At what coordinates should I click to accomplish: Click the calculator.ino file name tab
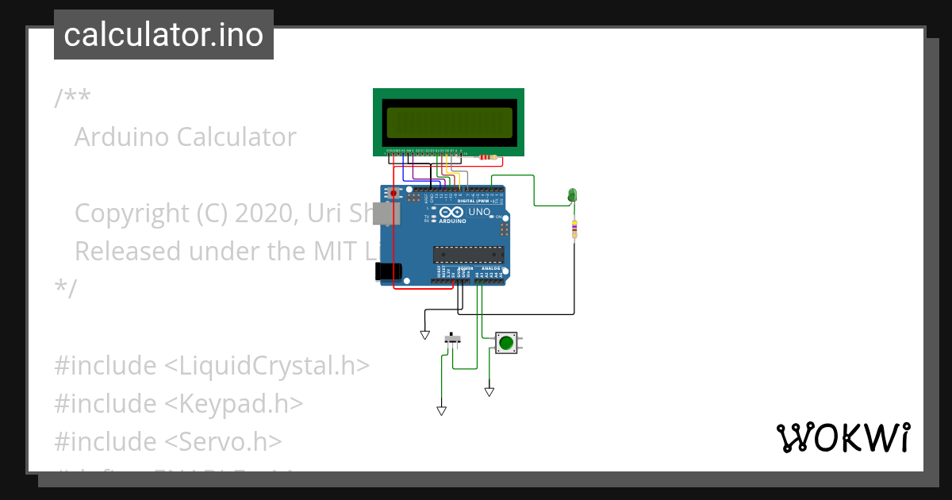coord(163,35)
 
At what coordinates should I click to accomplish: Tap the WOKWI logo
coord(843,437)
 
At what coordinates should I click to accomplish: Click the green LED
coord(572,194)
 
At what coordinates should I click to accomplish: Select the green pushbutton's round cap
coord(505,343)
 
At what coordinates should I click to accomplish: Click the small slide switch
coord(453,339)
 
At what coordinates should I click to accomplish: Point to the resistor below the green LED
coord(574,229)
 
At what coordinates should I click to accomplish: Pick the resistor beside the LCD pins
coord(485,157)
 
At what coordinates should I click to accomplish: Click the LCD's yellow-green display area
coord(448,122)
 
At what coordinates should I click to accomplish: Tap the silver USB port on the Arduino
coord(389,213)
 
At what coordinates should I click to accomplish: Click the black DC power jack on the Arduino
coord(386,271)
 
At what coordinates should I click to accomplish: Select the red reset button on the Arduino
coord(393,193)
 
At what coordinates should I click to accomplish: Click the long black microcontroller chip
coord(468,254)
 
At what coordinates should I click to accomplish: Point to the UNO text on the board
coord(479,213)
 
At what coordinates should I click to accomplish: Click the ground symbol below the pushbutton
coord(489,391)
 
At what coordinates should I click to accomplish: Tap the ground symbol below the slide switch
coord(441,410)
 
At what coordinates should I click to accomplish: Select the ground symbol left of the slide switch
coord(424,336)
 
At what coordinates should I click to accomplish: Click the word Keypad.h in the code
coord(242,404)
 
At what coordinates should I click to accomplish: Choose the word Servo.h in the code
coord(231,441)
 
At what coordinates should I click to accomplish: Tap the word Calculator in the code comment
coord(236,137)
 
